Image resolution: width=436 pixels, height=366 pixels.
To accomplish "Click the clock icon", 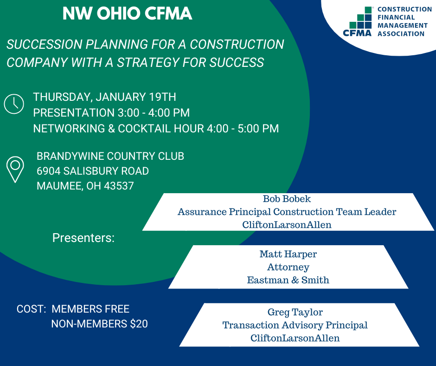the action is pos(14,104).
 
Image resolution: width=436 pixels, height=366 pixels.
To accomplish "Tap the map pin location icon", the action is pos(15,170).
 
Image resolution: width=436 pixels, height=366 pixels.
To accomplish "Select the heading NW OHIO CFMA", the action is pos(128,13).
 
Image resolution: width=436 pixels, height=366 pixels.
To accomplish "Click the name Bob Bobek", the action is pos(287,199).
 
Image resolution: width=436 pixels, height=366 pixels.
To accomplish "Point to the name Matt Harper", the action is pos(288,254).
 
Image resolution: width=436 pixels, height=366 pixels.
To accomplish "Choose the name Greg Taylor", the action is pos(295,312).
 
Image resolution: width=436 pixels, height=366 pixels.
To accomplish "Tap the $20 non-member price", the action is pos(139,324).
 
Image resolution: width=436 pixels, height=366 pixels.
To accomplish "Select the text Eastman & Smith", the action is pos(288,280).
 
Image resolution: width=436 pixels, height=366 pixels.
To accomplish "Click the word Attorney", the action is pos(288,268).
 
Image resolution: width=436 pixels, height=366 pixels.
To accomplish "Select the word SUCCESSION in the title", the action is pos(45,45).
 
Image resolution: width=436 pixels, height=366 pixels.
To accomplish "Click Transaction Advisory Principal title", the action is pos(295,325).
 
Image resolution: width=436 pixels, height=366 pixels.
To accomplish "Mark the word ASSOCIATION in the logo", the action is pos(401,34).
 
